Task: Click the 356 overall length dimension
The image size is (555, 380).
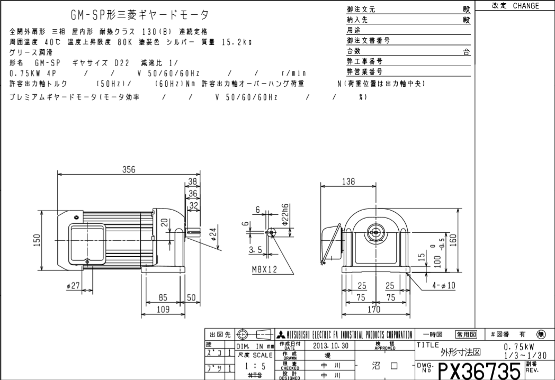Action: [x=129, y=169]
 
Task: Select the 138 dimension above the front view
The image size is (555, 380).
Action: [x=347, y=182]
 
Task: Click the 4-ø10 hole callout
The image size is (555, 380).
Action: [x=443, y=286]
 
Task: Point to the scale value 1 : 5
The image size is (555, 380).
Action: [x=254, y=365]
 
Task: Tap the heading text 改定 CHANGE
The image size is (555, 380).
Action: [x=515, y=6]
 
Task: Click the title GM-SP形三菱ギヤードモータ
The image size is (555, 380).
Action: [x=139, y=14]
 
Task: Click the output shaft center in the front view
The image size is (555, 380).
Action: [x=376, y=232]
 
